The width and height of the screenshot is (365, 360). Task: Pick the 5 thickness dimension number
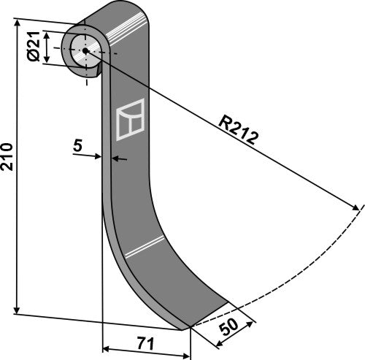pos(77,145)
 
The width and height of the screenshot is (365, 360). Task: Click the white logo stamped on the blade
pos(131,118)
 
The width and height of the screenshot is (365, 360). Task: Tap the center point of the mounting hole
pos(85,50)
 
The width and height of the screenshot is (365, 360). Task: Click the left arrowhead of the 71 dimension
pos(107,349)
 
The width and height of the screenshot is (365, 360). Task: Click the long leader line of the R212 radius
pos(219,127)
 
